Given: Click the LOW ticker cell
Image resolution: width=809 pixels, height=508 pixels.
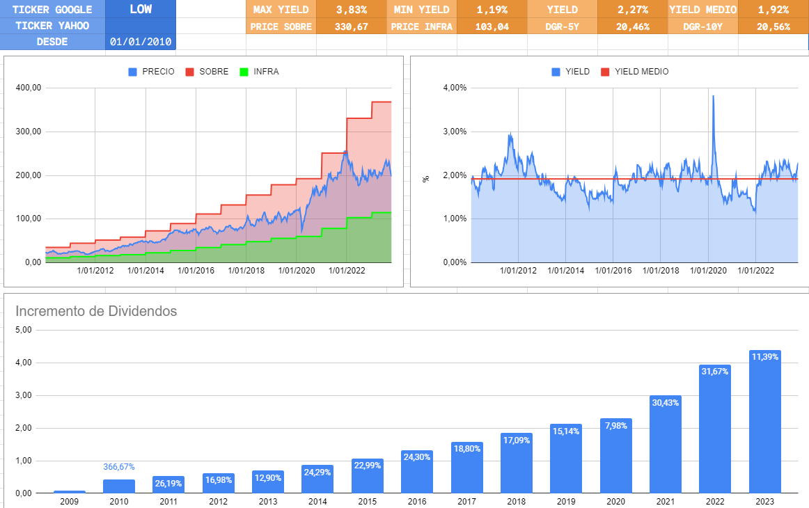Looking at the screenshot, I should pyautogui.click(x=141, y=9).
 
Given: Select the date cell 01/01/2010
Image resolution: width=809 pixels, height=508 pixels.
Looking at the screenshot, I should pyautogui.click(x=142, y=42).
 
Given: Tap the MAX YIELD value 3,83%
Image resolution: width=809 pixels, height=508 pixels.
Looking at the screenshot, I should pyautogui.click(x=351, y=10).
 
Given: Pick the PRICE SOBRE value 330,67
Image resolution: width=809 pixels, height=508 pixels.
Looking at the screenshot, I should pyautogui.click(x=351, y=26).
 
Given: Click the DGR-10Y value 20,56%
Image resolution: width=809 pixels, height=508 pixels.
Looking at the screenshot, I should pyautogui.click(x=773, y=26).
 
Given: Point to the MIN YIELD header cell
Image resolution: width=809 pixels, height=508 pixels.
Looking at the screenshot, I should pyautogui.click(x=422, y=10).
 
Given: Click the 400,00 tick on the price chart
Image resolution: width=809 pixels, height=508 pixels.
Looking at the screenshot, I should pyautogui.click(x=28, y=88).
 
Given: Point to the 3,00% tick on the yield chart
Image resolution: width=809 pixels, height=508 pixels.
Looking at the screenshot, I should pyautogui.click(x=455, y=132).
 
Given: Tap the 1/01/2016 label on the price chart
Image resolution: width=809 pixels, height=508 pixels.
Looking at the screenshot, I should pyautogui.click(x=196, y=271).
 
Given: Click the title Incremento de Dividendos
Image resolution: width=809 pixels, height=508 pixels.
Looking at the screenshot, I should pyautogui.click(x=96, y=311).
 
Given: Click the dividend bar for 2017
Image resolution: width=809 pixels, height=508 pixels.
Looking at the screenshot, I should pyautogui.click(x=466, y=468).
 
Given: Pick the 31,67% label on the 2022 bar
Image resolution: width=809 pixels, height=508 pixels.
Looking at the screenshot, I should pyautogui.click(x=715, y=372).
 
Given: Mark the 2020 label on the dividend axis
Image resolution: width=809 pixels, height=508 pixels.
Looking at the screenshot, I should pyautogui.click(x=615, y=501).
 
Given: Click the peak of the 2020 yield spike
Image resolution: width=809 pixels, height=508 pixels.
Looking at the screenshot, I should pyautogui.click(x=713, y=97).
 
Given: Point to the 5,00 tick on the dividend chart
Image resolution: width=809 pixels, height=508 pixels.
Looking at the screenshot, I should pyautogui.click(x=24, y=330).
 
